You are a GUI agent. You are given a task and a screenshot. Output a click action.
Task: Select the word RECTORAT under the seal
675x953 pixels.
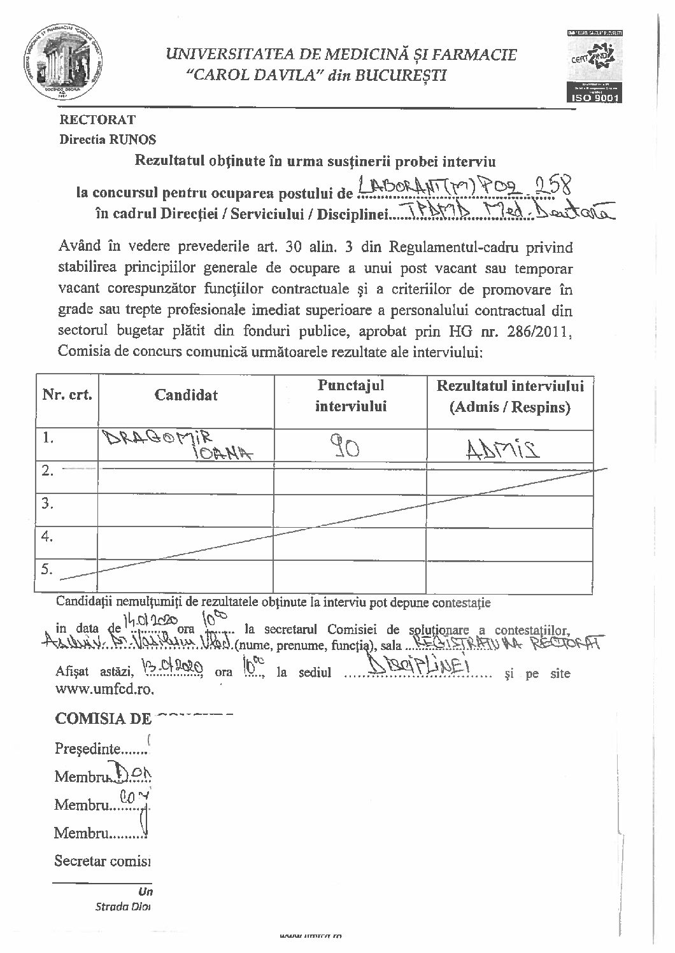pos(97,119)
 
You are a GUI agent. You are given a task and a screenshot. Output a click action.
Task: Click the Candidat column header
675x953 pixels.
pos(186,395)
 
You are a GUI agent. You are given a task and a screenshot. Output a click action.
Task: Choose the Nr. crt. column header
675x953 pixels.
pos(67,395)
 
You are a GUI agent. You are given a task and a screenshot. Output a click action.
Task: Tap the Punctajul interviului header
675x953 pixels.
pos(350,395)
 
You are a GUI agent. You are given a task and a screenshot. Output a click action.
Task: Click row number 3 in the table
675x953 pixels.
pos(46,504)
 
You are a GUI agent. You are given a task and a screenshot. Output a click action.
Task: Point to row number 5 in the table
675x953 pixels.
pos(46,568)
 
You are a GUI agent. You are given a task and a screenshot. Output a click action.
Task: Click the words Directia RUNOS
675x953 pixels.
pos(108,139)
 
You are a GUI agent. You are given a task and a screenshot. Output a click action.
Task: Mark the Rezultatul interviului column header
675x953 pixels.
pos(510,396)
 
